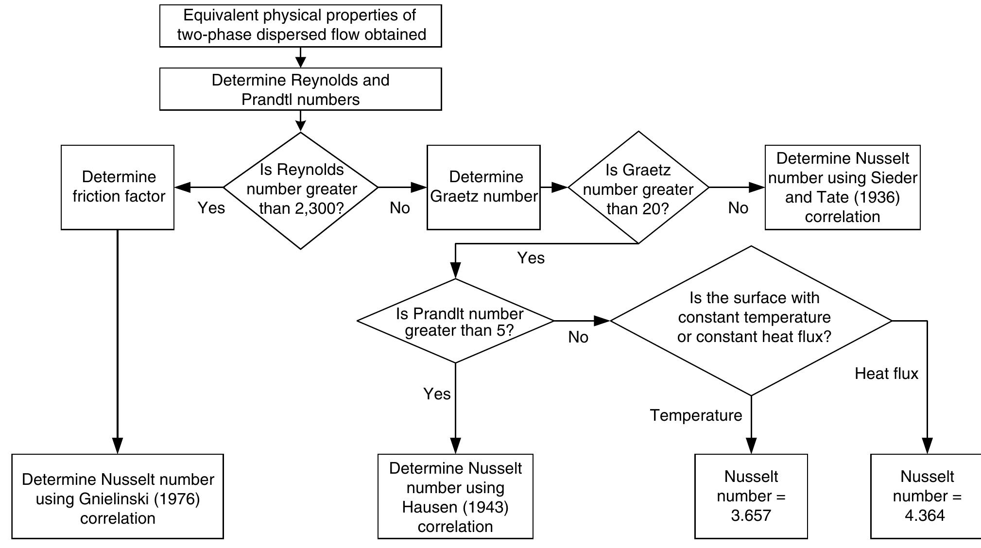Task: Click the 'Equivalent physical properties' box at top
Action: (300, 26)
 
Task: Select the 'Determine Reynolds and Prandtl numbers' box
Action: (300, 89)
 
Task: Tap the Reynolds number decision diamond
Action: (301, 190)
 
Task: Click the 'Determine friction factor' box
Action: (118, 187)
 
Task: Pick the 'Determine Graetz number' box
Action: (483, 187)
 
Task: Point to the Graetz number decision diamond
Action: (638, 187)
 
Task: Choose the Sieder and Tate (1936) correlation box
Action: (843, 187)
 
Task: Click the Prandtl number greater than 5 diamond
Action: (455, 321)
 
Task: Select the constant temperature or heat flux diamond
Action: (751, 321)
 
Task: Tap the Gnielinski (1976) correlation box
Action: (118, 497)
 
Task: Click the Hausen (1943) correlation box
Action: (455, 497)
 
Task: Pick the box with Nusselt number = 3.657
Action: (751, 497)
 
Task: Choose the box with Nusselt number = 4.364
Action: (926, 497)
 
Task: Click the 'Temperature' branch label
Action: (696, 415)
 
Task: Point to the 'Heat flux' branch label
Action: (887, 374)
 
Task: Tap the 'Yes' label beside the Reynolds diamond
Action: (211, 208)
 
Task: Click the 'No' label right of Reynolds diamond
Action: (400, 208)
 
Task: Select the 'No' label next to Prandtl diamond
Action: (578, 337)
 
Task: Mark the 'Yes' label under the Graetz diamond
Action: (531, 258)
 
